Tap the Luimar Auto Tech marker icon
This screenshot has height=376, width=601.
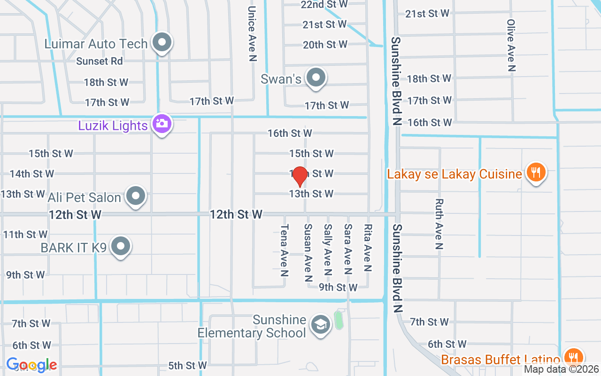162,43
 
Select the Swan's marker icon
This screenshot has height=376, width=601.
316,78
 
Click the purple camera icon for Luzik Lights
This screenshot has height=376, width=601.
162,124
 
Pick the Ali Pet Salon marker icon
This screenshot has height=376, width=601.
136,196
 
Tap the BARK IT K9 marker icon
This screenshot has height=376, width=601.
121,246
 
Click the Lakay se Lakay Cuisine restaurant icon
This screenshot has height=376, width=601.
535,172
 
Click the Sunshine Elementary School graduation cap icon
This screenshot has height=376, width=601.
321,324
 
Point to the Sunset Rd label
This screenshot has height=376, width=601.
100,61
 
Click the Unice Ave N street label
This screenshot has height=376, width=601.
253,33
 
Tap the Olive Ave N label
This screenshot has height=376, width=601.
511,45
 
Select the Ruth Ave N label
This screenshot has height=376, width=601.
439,224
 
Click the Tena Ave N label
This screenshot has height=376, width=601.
284,249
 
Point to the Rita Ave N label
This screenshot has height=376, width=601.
368,248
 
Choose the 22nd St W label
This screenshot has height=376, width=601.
324,4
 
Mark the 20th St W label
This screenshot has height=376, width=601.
325,45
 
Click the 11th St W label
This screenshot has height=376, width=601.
25,234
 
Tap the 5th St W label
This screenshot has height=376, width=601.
187,365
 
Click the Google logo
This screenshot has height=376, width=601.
32,365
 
